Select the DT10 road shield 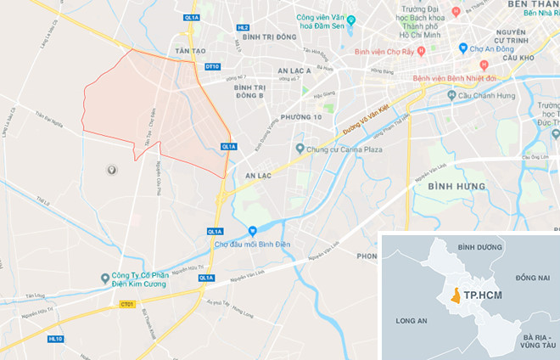click(x=212, y=66)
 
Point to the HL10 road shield click(x=56, y=338)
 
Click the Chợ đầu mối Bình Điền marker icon click(x=252, y=231)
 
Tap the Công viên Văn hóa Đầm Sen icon click(x=286, y=17)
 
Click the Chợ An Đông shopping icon click(x=462, y=48)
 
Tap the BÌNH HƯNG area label click(x=456, y=186)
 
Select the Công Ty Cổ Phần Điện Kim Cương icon click(x=104, y=277)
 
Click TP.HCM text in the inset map click(x=483, y=296)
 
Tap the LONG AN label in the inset click(x=412, y=321)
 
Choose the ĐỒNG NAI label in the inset click(x=532, y=278)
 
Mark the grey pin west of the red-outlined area click(x=111, y=171)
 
